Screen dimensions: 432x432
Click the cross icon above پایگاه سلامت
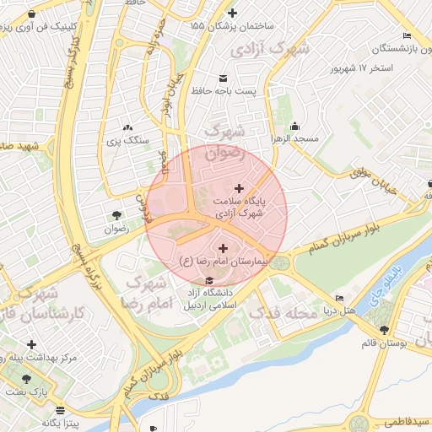click(x=239, y=188)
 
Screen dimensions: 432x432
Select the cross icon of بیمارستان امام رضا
click(x=223, y=248)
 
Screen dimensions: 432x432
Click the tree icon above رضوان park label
click(x=116, y=214)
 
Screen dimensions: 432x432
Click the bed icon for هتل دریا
click(x=339, y=298)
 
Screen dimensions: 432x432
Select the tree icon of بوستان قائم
click(x=385, y=330)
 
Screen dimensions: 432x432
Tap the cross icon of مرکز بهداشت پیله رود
click(x=31, y=344)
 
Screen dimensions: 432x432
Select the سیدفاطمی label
click(x=403, y=420)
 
